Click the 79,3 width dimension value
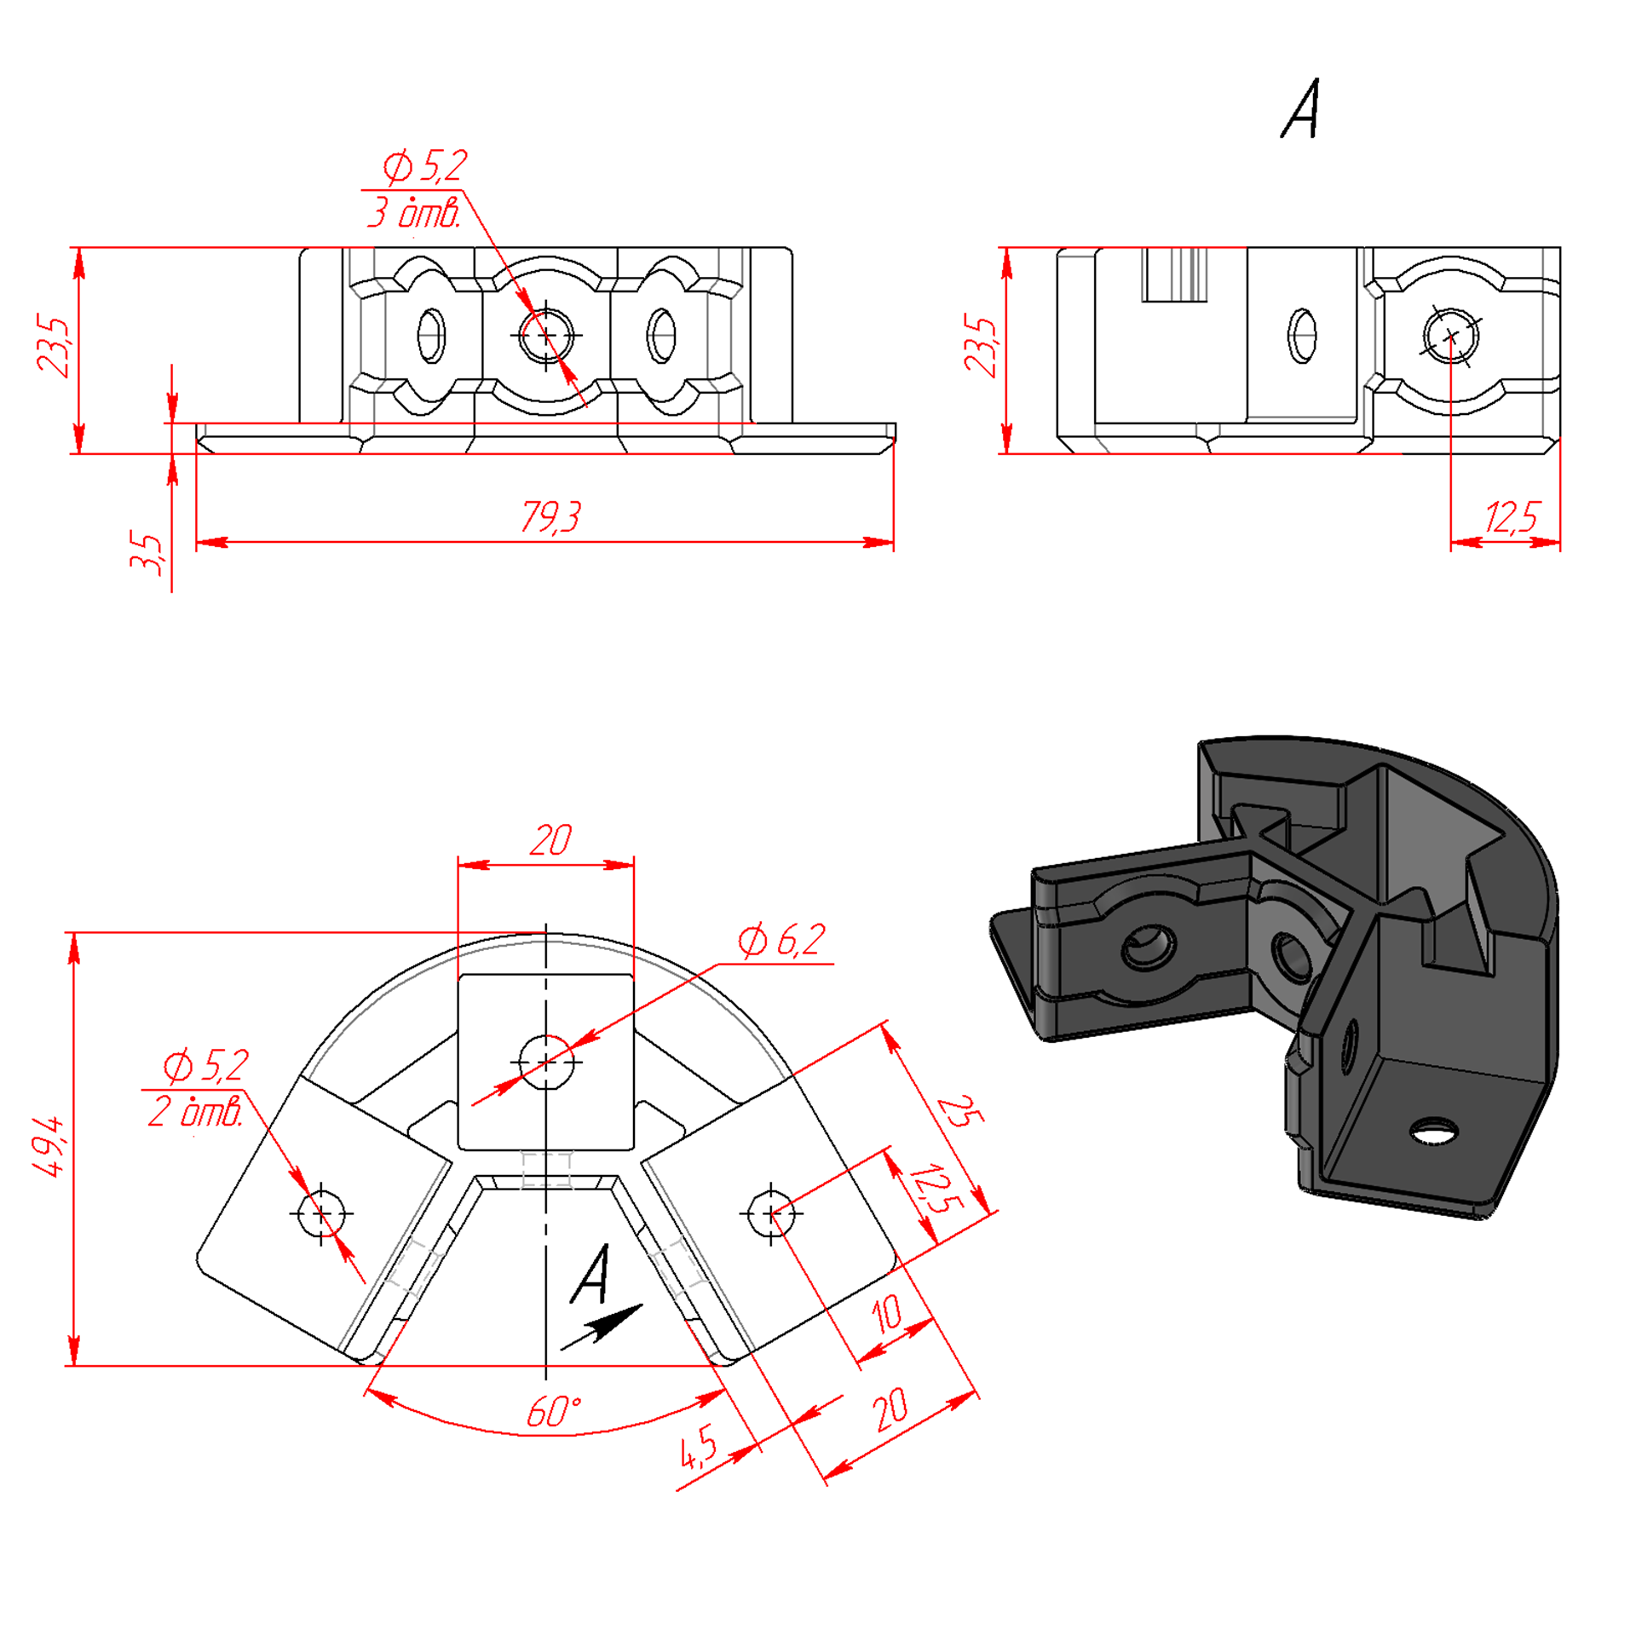tap(550, 516)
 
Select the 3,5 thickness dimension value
tap(147, 553)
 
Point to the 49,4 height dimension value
tap(49, 1146)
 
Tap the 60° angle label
tap(554, 1412)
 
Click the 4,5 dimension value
tap(699, 1446)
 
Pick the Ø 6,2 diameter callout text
tap(781, 940)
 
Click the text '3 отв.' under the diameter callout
tap(414, 211)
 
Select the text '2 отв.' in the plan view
tap(196, 1111)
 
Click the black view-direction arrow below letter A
tap(602, 1327)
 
